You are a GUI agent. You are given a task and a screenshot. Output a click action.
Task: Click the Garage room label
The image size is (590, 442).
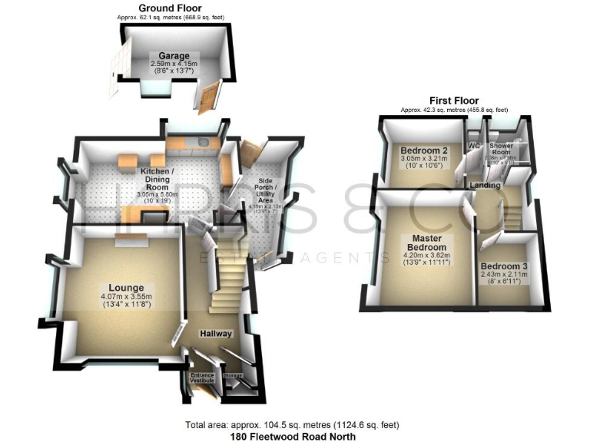pyautogui.click(x=174, y=56)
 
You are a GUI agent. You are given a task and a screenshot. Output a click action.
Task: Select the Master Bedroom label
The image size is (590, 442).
pyautogui.click(x=427, y=242)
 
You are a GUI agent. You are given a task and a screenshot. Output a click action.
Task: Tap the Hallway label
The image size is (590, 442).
pyautogui.click(x=217, y=334)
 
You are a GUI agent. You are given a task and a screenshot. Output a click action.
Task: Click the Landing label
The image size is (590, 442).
pyautogui.click(x=485, y=186)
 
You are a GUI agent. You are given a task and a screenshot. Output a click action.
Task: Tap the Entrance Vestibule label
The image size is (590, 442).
pyautogui.click(x=203, y=378)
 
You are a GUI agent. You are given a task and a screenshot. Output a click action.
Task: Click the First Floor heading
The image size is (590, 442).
pyautogui.click(x=454, y=101)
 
